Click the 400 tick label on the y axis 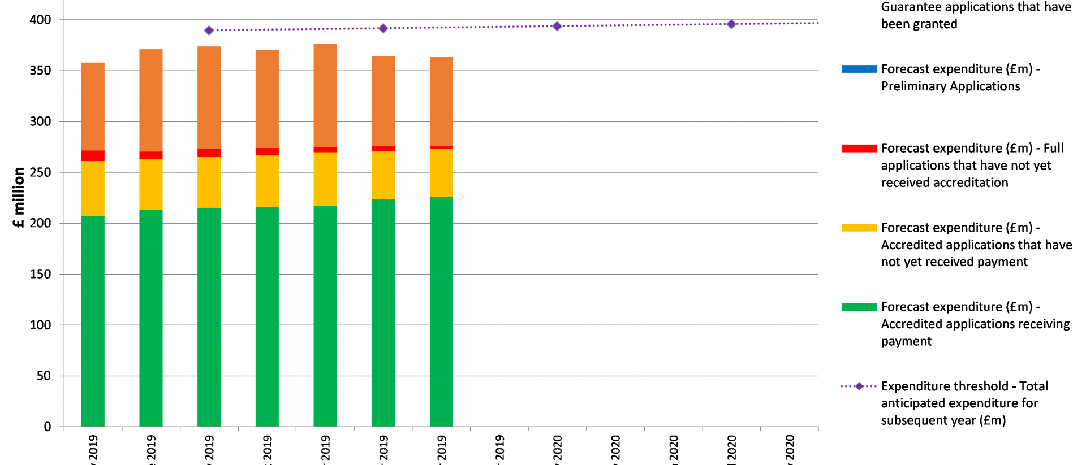[x=40, y=20]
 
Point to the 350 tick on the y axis [x=40, y=71]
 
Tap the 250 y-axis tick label [x=40, y=172]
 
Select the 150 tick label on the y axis [x=40, y=274]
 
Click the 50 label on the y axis [x=44, y=376]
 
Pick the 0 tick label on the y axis [x=48, y=427]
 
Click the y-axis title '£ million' [x=19, y=197]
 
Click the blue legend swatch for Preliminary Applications [x=859, y=69]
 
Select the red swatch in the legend [x=859, y=148]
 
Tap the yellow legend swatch [x=859, y=228]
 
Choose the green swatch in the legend [x=859, y=307]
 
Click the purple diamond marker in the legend [x=859, y=386]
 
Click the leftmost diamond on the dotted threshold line [x=209, y=31]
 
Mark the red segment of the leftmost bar [x=93, y=156]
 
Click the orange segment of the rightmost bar [x=441, y=102]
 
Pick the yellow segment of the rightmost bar [x=441, y=173]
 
